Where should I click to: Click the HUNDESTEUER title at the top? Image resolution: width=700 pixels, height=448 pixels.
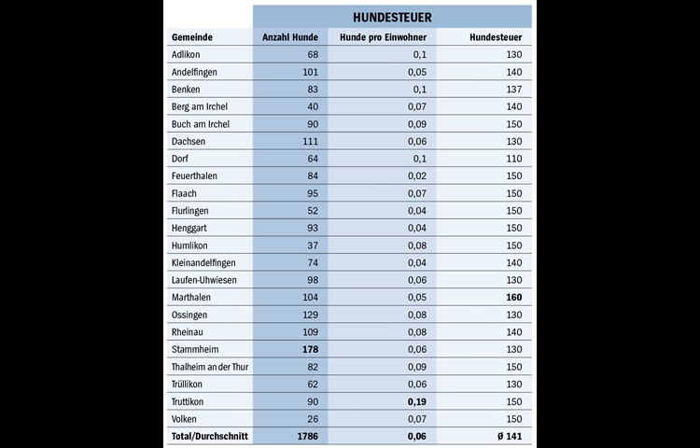point(392,17)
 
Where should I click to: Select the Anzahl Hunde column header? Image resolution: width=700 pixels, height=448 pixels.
point(289,37)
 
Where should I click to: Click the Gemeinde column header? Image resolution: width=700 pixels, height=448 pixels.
point(191,37)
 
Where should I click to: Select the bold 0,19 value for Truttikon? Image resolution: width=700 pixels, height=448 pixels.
point(416,401)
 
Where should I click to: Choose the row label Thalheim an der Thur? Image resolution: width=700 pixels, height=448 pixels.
point(210,367)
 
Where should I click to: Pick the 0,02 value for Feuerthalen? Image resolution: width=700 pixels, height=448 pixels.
point(417,176)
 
